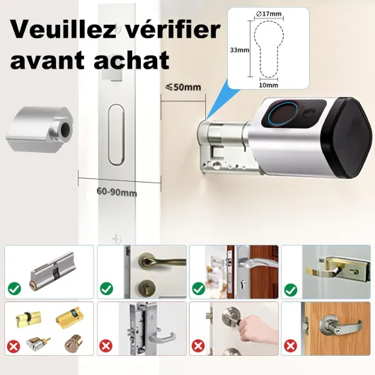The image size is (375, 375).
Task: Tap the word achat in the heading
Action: click(132, 60)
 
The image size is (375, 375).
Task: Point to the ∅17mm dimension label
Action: click(268, 14)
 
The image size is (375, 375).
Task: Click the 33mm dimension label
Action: click(240, 50)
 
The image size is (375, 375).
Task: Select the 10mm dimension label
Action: click(269, 85)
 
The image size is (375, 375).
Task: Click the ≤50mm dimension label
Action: click(183, 87)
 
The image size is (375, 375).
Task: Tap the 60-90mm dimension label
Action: click(117, 192)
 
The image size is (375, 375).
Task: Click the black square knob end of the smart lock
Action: click(347, 137)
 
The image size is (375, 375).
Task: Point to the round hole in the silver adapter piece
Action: click(65, 130)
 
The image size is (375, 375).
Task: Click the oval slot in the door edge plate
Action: click(117, 135)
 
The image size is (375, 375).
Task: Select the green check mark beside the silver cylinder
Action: click(14, 289)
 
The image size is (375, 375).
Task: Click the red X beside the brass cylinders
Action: click(13, 346)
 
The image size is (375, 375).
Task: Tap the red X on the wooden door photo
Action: click(291, 346)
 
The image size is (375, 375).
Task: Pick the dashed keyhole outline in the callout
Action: click(269, 50)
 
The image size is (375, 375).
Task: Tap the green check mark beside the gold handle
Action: click(291, 290)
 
